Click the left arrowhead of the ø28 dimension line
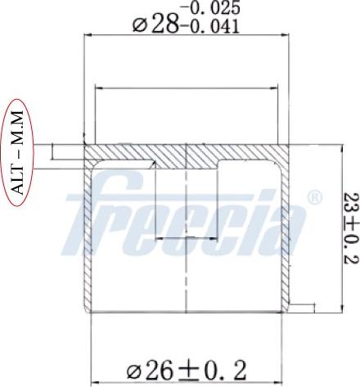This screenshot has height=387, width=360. tap(88, 34)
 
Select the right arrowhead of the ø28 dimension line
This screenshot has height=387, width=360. tap(288, 34)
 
